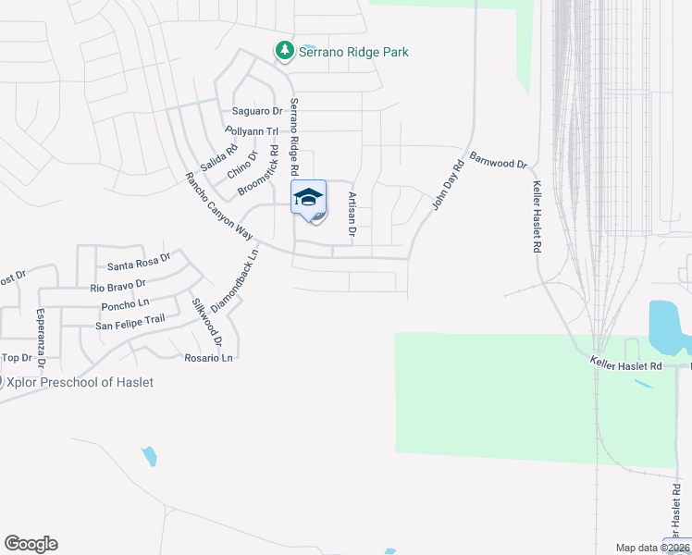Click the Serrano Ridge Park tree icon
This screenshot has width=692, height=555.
pos(285,51)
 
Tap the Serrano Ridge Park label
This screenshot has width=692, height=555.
pos(352,52)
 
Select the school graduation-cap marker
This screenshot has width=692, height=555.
pos(309,197)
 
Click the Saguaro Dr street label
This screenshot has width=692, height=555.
pos(256,111)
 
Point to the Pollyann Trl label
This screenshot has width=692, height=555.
pos(252,131)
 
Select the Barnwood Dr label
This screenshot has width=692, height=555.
pos(498,161)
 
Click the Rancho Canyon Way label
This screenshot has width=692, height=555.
pos(218,206)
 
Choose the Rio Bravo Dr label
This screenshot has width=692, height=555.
pos(118,285)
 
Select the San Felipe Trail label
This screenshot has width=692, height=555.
pos(130,321)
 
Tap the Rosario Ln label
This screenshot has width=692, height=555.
pos(207,357)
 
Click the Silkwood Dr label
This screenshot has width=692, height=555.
pos(207,321)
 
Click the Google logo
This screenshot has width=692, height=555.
pos(31,544)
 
